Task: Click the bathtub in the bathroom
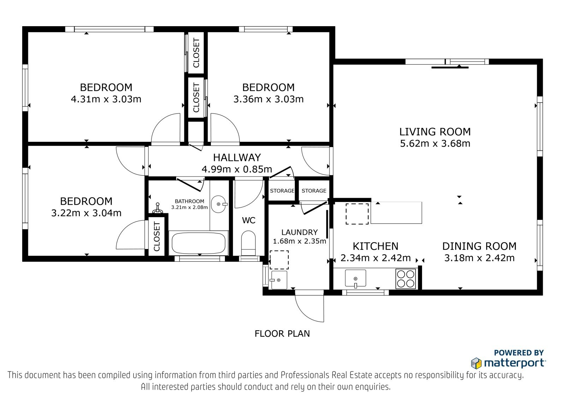[198, 243]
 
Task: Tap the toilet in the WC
[249, 243]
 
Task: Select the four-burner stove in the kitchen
[406, 279]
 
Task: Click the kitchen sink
[355, 278]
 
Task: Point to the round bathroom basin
[219, 204]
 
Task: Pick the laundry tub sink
[279, 280]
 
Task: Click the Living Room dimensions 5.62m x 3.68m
[435, 144]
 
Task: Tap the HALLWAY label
[237, 157]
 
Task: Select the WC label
[249, 220]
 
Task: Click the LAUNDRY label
[299, 232]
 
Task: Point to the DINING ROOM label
[479, 246]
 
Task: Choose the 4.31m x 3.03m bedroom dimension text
[106, 99]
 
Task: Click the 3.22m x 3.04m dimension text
[86, 213]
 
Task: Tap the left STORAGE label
[282, 191]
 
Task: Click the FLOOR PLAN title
[282, 334]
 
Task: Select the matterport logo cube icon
[476, 363]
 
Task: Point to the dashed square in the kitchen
[357, 214]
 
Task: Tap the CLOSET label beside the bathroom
[157, 237]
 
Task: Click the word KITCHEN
[375, 246]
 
